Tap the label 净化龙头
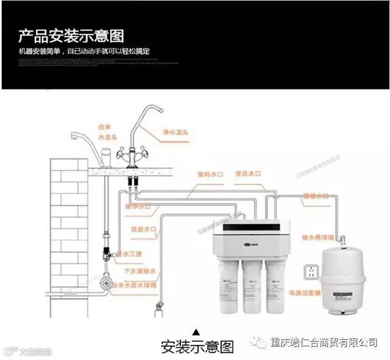pyautogui.click(x=175, y=132)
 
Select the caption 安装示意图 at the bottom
pyautogui.click(x=196, y=348)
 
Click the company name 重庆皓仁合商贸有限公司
pyautogui.click(x=323, y=342)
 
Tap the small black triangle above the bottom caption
pyautogui.click(x=196, y=332)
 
